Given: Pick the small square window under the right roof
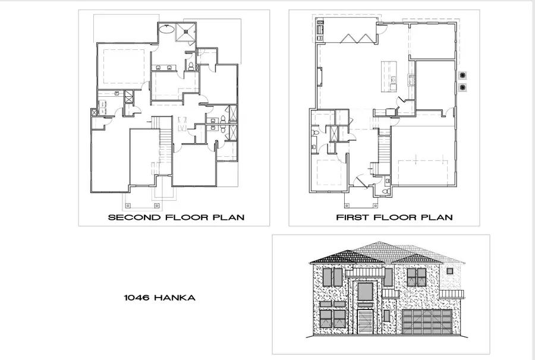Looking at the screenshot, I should click(x=450, y=271).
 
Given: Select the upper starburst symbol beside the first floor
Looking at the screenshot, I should click(x=462, y=75).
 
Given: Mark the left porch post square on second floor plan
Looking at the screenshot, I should click(x=128, y=205).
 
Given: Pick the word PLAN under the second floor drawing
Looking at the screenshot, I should click(x=229, y=217).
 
